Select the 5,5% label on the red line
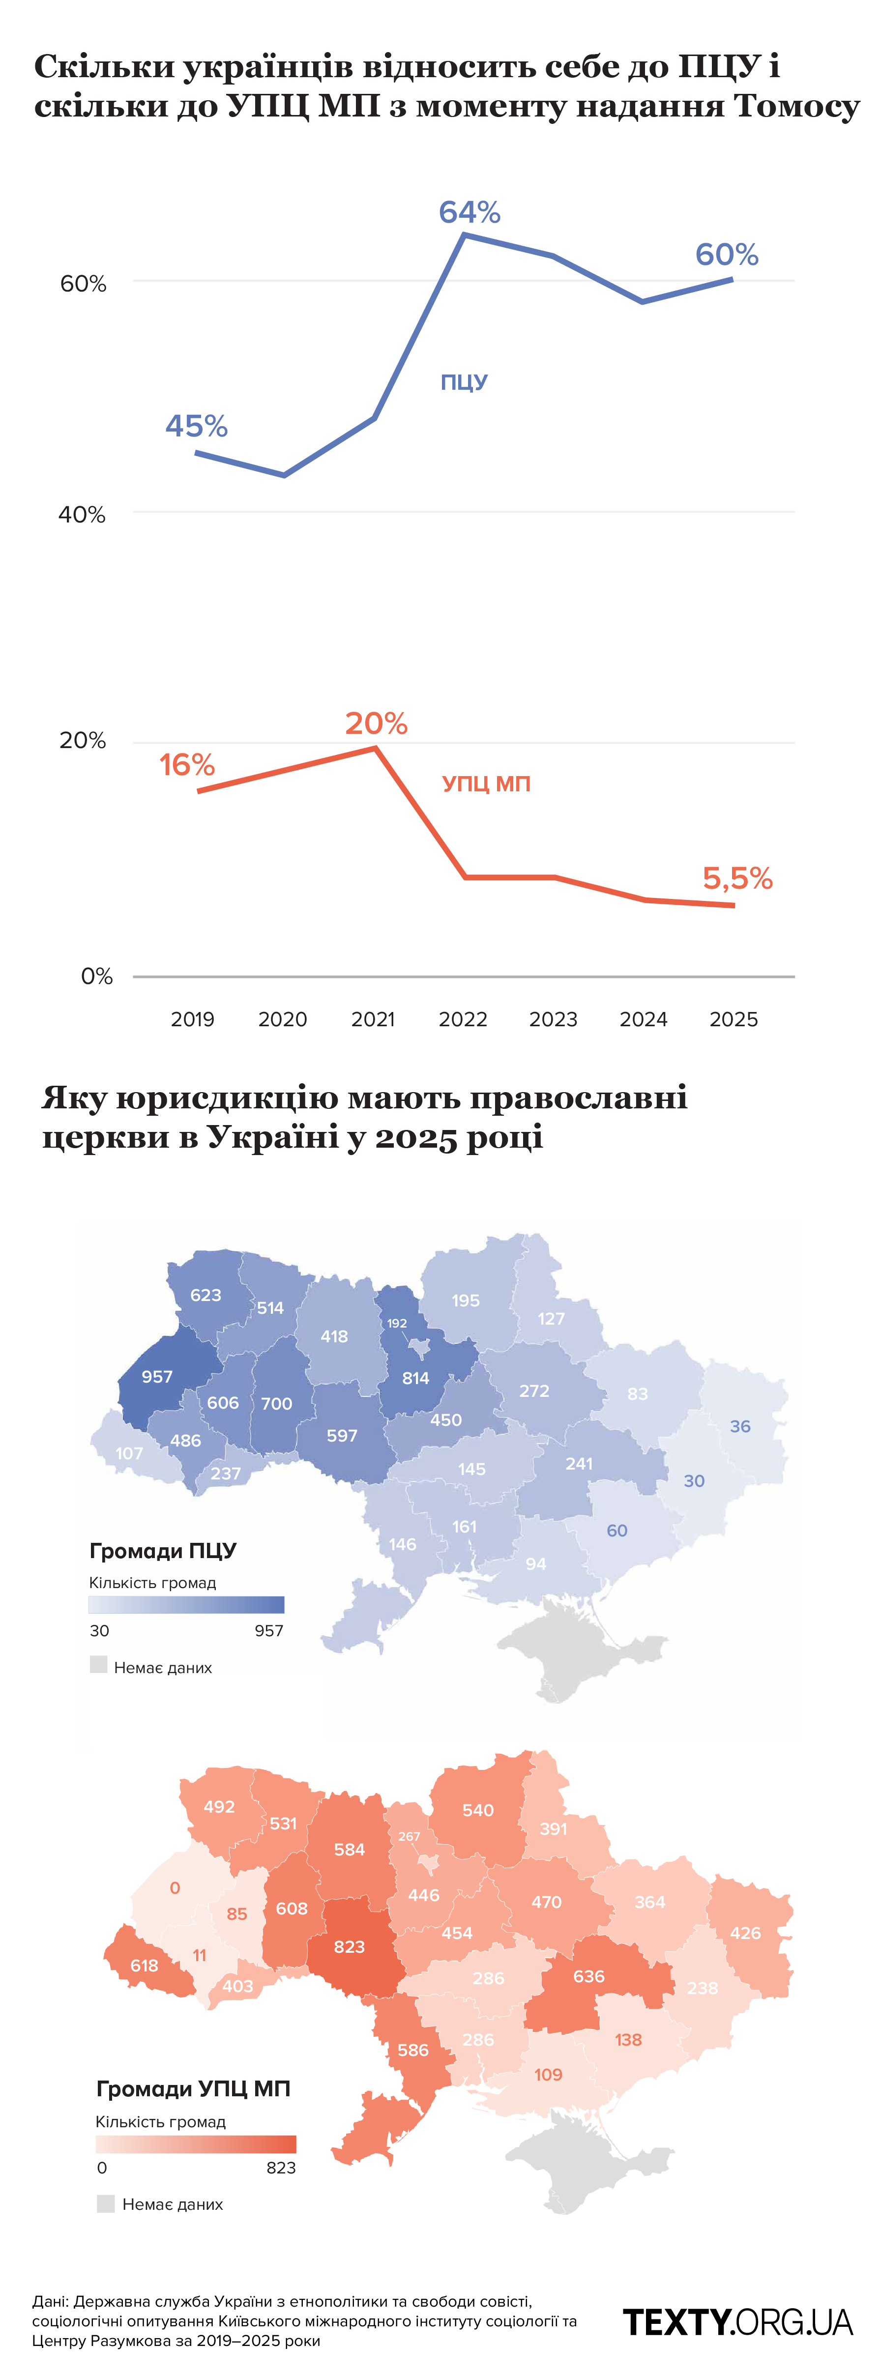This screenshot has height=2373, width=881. coord(737,878)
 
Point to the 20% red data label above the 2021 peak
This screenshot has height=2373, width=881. coord(376,723)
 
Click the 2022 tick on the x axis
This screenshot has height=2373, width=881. coord(463,1019)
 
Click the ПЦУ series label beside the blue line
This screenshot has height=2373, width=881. coord(464,382)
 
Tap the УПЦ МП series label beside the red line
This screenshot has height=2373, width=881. coord(486,784)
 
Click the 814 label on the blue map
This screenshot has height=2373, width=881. coord(415,1378)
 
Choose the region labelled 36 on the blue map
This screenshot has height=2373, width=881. coord(740,1426)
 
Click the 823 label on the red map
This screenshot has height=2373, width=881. coord(349,1946)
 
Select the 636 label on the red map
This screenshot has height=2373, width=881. coord(589,1976)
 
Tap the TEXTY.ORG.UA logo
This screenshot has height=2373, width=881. coord(738,2322)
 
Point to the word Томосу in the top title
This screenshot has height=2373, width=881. coord(796,106)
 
